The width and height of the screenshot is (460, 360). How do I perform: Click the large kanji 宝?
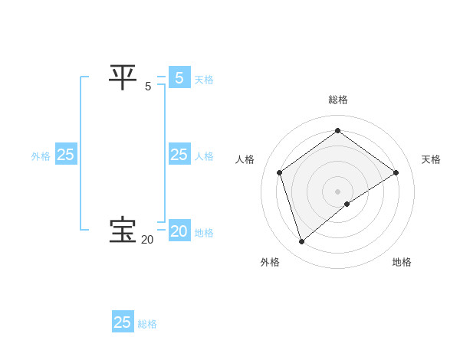122,231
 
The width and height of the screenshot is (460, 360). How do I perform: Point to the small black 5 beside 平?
148,87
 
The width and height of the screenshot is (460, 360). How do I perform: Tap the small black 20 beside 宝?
147,240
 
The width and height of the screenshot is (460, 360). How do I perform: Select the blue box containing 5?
179,78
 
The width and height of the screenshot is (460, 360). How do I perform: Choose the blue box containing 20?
179,231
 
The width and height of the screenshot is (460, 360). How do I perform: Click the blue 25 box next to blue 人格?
179,155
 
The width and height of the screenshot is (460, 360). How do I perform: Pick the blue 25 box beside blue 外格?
66,155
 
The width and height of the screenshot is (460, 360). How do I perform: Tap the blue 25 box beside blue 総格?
123,322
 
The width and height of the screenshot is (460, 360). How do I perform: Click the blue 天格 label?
203,80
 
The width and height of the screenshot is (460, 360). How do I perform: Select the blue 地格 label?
204,233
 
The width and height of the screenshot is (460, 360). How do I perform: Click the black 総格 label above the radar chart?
337,100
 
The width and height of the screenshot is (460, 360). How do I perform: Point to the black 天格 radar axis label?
431,159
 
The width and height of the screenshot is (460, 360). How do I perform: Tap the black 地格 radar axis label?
402,262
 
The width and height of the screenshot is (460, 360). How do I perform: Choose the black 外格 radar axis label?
270,262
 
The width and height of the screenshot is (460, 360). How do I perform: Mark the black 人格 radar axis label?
245,159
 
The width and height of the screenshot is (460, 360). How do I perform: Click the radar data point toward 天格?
396,172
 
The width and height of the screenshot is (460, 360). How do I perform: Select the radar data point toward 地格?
347,204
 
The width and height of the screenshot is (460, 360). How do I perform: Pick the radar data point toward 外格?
302,242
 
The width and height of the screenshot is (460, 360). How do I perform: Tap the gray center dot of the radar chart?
337,191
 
